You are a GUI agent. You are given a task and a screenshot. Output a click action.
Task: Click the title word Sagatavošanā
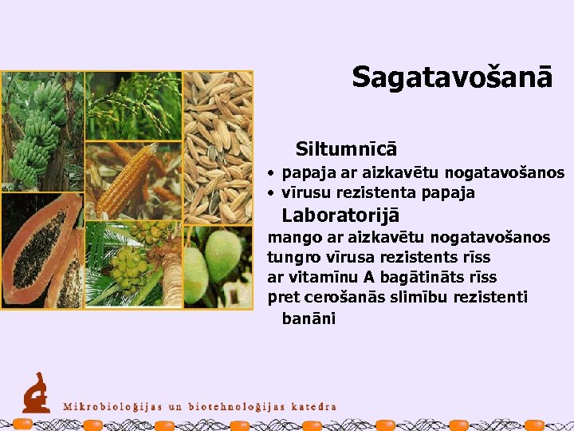[452, 77]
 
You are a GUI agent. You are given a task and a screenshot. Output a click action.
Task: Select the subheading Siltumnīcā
[346, 149]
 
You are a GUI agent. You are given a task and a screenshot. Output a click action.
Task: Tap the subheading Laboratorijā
[340, 215]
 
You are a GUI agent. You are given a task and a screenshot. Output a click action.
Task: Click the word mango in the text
[291, 238]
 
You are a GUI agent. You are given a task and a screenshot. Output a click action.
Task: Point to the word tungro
[293, 258]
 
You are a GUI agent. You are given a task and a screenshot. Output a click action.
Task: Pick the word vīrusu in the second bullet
[305, 193]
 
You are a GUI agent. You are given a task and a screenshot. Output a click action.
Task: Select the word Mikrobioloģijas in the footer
[112, 406]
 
